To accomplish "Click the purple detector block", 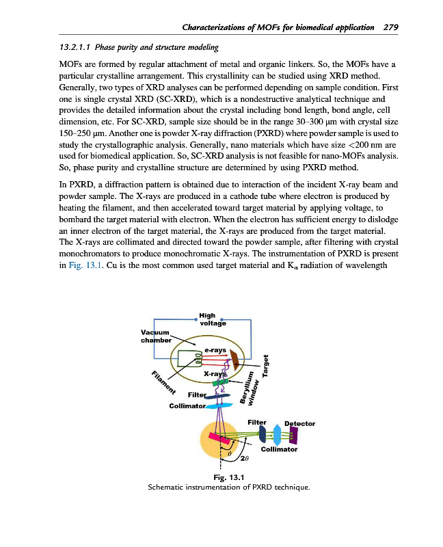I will coord(293,435).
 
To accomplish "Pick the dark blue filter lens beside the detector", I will coord(263,433).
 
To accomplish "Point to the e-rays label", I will coord(215,351).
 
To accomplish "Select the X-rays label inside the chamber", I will coord(214,374).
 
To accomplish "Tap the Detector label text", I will coord(299,423).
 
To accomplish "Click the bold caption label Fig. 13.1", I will coord(229,477).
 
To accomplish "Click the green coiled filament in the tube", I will coord(200,358).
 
